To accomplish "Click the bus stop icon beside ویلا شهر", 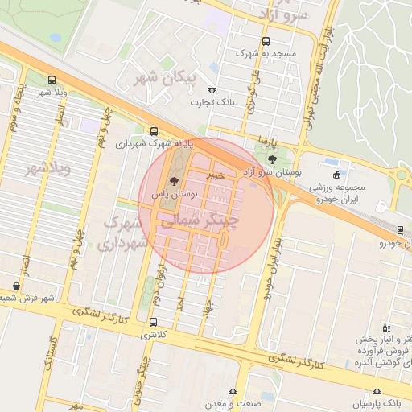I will [x=52, y=80].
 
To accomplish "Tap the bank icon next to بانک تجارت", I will [x=212, y=91].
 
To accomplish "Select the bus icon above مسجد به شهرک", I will [x=266, y=42].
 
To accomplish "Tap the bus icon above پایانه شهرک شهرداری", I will [x=154, y=131].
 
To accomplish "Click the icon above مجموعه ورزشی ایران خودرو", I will [x=336, y=175].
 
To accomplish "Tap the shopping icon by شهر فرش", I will [x=17, y=285].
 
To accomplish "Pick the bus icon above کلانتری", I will [x=153, y=322].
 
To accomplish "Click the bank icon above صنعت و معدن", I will [x=233, y=391].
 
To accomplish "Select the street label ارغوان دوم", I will [x=163, y=287].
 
